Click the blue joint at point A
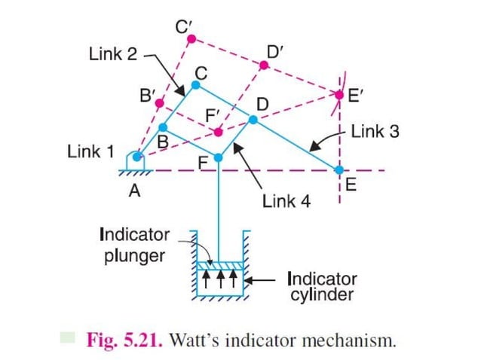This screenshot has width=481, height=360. click(x=136, y=157)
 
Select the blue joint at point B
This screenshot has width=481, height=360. click(x=162, y=127)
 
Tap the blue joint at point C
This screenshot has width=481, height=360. click(x=195, y=85)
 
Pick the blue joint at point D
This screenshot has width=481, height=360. click(x=253, y=119)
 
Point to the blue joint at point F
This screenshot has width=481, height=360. click(x=219, y=157)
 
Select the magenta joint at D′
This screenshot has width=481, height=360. click(x=264, y=66)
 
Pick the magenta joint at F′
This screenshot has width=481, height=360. click(x=218, y=133)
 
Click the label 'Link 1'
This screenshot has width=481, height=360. click(x=90, y=152)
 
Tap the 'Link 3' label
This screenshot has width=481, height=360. click(x=375, y=132)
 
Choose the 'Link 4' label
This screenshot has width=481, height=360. click(x=286, y=201)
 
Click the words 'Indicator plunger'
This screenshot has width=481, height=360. click(x=134, y=245)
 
